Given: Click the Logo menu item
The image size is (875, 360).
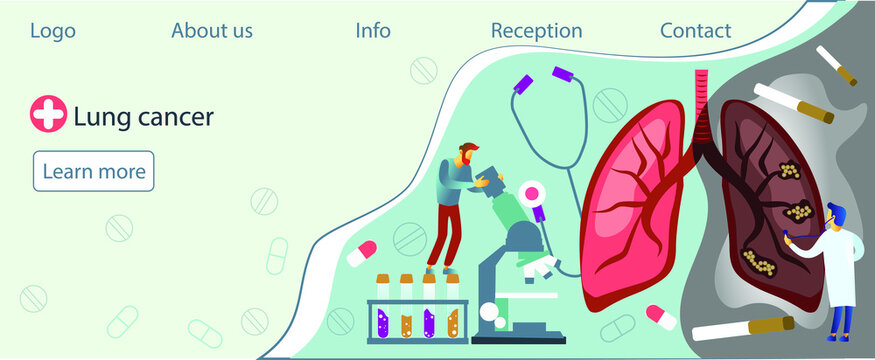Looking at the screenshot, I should (x=52, y=31).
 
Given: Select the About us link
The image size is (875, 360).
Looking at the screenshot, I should (x=212, y=31).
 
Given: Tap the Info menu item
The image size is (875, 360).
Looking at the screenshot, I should (x=373, y=31).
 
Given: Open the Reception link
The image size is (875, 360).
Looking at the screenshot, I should (x=536, y=31).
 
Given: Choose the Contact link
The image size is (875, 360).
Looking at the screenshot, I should (x=695, y=31).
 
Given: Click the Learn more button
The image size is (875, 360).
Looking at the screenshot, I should (x=94, y=171).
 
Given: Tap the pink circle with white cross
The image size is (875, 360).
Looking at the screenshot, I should (x=48, y=115).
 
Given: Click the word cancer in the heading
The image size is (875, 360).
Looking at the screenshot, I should (x=170, y=117).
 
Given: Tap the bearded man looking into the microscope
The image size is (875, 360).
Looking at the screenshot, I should (x=456, y=205).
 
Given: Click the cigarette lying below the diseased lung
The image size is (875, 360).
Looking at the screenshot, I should (x=744, y=327).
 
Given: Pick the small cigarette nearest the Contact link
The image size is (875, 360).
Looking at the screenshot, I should (x=835, y=65).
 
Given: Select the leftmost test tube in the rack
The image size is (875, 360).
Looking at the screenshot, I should (x=381, y=310).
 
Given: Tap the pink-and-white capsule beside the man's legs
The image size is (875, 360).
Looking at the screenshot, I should (x=362, y=253).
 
